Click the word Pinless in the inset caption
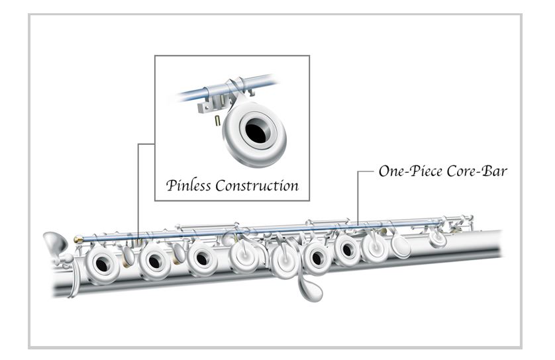coord(188,185)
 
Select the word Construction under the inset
coord(256,185)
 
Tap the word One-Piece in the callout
coord(405,170)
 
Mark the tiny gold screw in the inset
coord(217,120)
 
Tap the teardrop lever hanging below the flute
coord(309,288)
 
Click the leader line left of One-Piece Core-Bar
coord(363,171)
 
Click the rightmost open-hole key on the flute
coord(347,249)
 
